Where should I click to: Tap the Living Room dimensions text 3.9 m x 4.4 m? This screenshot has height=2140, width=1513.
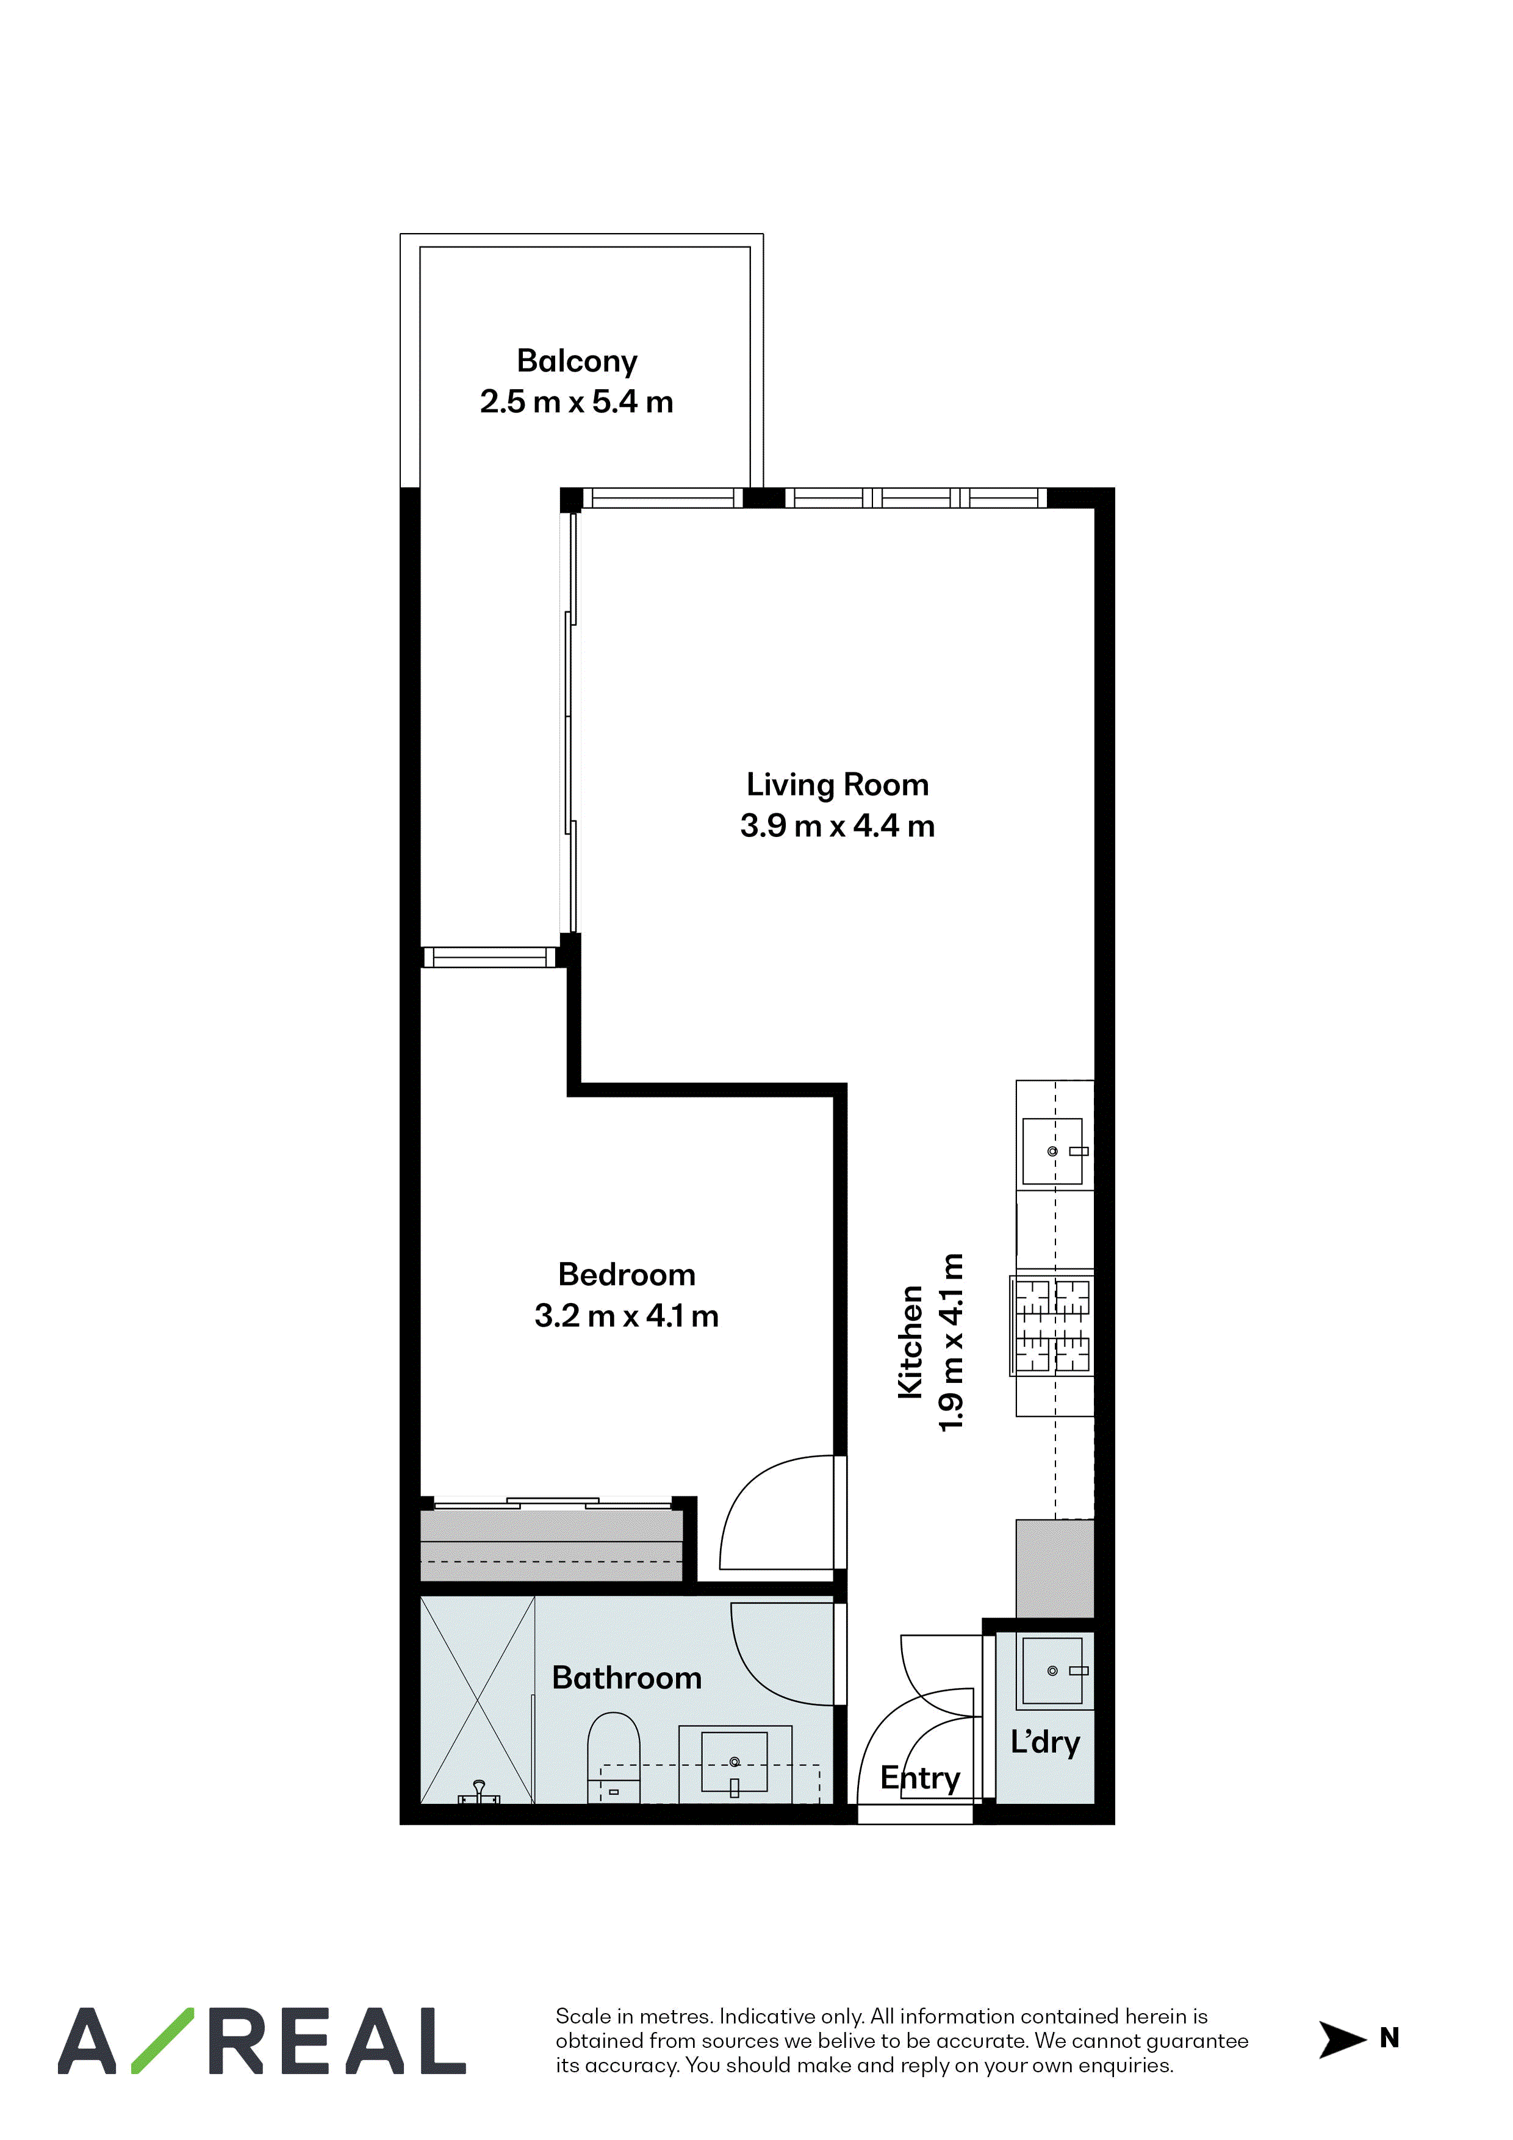[837, 826]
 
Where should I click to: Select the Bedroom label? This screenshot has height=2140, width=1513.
[627, 1274]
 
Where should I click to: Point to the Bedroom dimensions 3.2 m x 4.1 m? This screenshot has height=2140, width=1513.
[627, 1316]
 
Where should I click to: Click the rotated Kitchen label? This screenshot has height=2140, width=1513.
[910, 1341]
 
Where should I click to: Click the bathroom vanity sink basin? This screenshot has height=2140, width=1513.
[735, 1762]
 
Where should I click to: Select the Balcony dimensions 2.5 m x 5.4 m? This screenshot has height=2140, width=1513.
[577, 402]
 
